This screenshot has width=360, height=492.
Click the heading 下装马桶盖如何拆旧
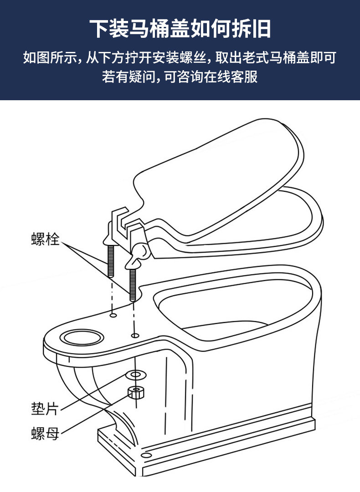pos(180,28)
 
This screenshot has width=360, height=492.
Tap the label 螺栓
pos(45,238)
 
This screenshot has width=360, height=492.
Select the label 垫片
pos(45,408)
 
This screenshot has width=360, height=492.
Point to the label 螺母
pos(45,433)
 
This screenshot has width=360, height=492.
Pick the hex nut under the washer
pos(134,392)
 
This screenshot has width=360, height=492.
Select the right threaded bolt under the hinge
pos(133,285)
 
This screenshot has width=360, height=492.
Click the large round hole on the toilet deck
pos(82,338)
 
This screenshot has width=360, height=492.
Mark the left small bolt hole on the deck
pos(113,314)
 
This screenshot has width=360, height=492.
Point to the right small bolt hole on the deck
pos(135,336)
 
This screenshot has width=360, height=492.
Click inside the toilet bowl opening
pos(232,314)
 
